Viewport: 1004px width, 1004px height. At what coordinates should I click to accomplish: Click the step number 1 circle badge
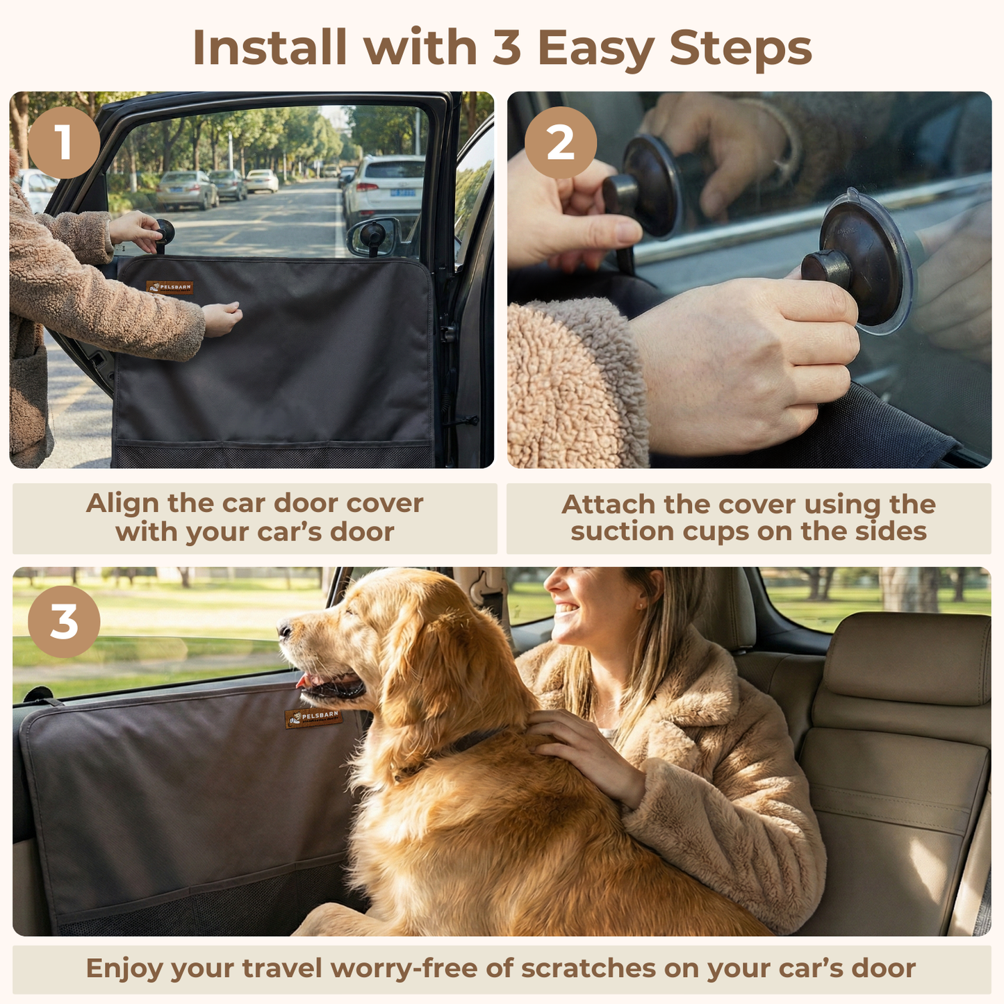click(64, 142)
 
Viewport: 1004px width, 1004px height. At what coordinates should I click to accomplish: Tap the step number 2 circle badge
click(560, 142)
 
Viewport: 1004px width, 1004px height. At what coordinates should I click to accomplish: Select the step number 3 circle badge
click(64, 621)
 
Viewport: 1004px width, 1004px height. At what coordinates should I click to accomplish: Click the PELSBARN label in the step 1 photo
click(170, 287)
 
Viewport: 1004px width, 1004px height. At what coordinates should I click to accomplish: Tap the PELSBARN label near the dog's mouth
click(313, 718)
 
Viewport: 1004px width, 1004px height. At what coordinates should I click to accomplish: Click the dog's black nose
click(285, 629)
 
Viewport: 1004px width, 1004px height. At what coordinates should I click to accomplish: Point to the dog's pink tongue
click(304, 680)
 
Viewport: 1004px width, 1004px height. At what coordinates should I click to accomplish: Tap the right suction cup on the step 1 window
click(372, 234)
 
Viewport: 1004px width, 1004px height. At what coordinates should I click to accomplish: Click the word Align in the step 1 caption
click(122, 503)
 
